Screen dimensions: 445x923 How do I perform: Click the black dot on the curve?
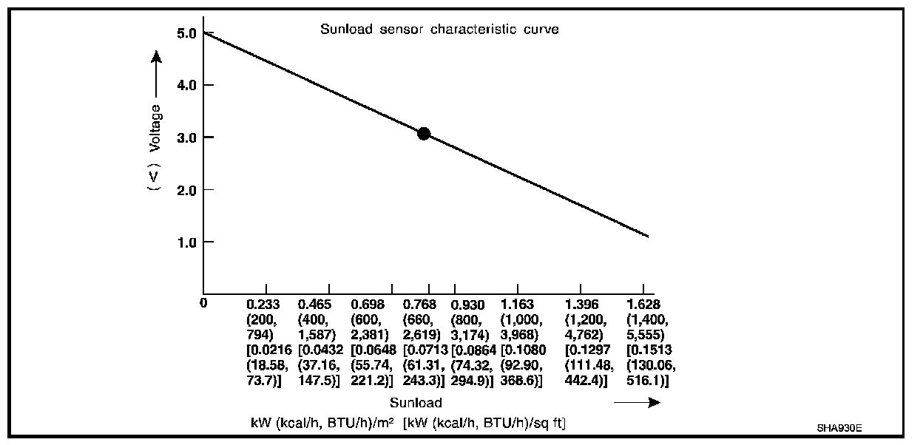(x=424, y=134)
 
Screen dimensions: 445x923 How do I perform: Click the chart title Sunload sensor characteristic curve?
(x=439, y=30)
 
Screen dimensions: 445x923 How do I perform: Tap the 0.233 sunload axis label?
(x=263, y=304)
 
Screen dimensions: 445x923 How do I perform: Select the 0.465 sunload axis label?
(x=314, y=304)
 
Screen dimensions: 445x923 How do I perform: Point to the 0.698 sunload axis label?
(x=368, y=304)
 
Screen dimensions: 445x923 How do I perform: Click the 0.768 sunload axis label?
(x=419, y=304)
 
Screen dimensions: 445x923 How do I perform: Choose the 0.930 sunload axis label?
(x=467, y=304)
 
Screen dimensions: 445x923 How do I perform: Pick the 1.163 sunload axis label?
(x=518, y=304)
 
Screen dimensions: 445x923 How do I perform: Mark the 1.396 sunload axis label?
(x=581, y=304)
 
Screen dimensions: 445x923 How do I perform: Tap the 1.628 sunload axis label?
(x=643, y=304)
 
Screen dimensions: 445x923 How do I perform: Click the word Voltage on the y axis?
(x=155, y=128)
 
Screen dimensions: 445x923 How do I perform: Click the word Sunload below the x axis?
(x=416, y=403)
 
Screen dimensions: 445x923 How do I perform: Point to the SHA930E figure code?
(x=839, y=428)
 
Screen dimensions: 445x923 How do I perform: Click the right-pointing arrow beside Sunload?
(x=637, y=403)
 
